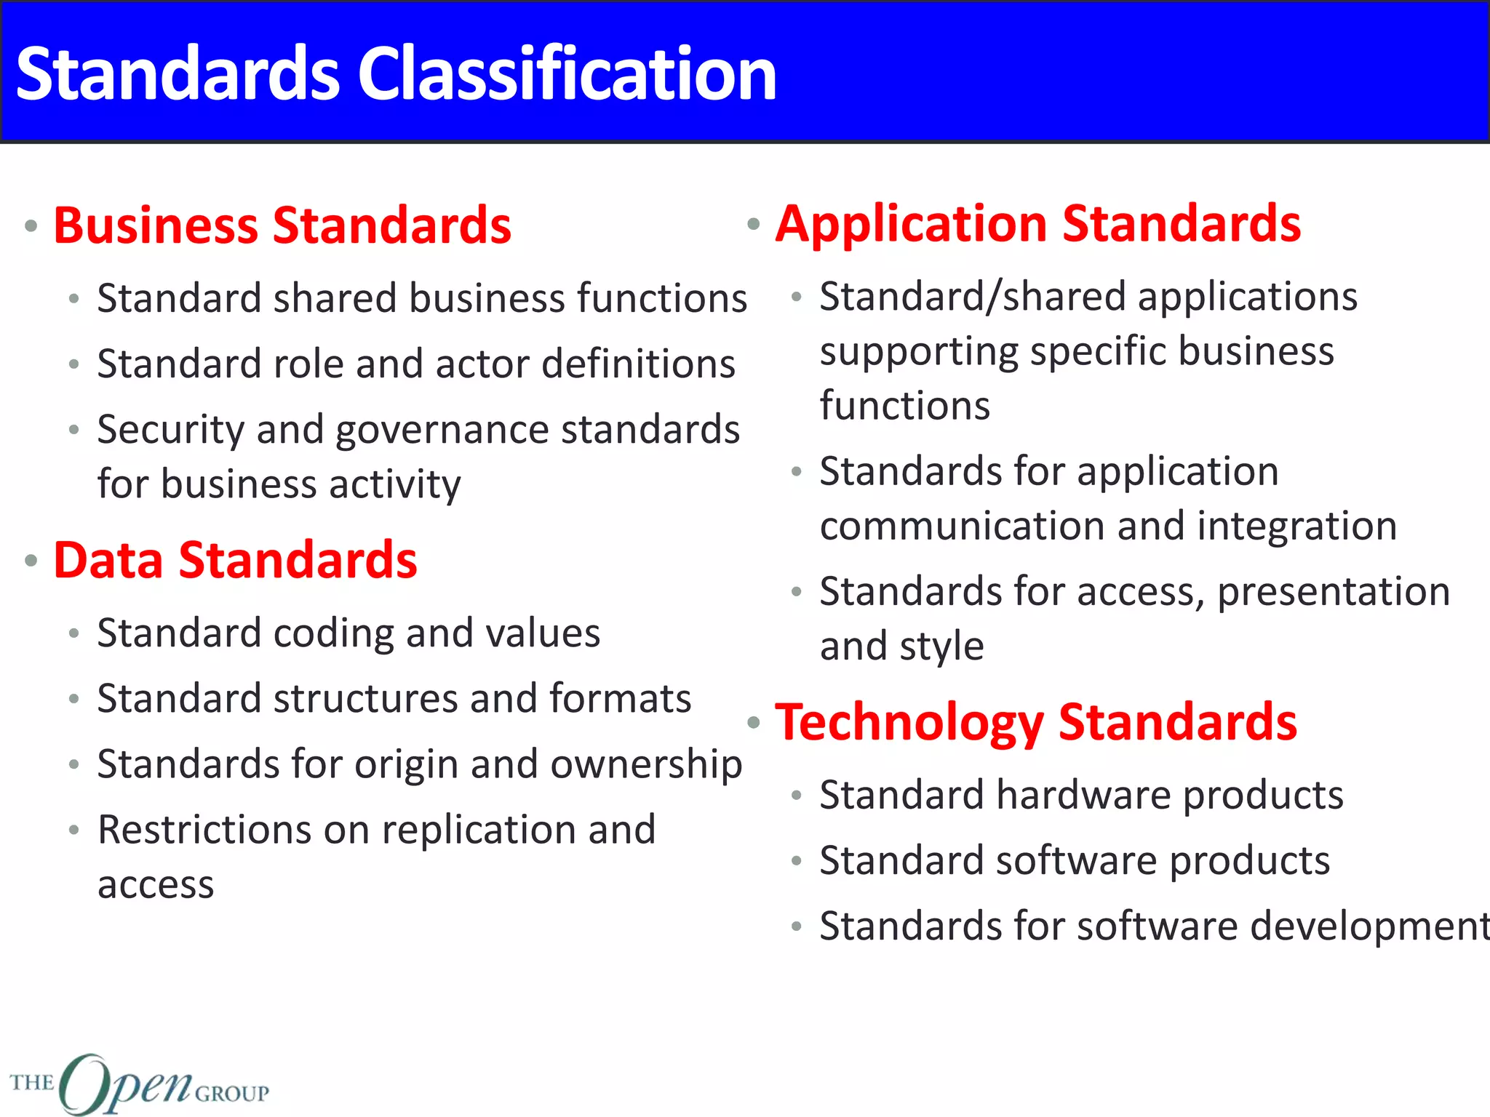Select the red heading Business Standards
(282, 225)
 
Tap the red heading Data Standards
(235, 561)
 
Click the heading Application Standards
(1038, 223)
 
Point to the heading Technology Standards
(1036, 722)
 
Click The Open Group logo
(138, 1084)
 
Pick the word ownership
(646, 765)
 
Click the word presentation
(1334, 592)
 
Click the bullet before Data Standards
(31, 561)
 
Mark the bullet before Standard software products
(797, 862)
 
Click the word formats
(620, 699)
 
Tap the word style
(941, 646)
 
